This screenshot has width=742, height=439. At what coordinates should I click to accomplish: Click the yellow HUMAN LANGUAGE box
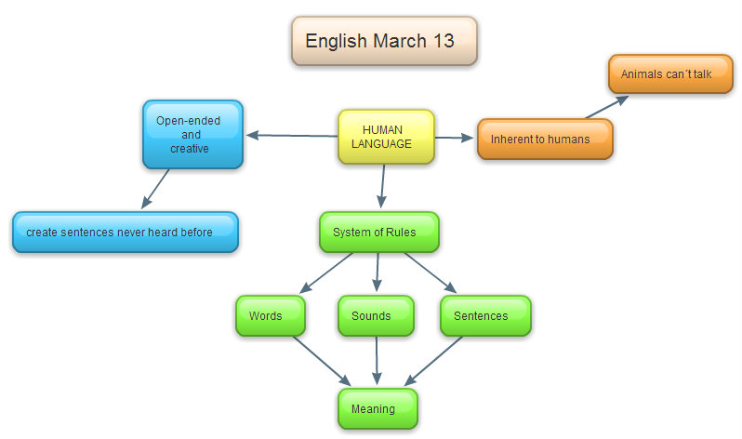point(385,137)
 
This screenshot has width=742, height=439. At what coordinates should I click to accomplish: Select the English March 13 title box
point(384,41)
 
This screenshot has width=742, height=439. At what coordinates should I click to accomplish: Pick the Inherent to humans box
point(545,139)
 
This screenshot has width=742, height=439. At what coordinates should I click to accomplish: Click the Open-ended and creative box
point(192,134)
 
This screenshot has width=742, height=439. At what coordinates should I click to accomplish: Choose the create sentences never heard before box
point(126,232)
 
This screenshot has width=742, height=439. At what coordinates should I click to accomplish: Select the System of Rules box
point(378,232)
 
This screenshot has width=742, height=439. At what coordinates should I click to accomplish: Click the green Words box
point(271,315)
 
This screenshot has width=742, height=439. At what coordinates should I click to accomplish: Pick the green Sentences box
point(484,315)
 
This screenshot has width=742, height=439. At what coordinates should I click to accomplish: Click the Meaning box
point(377,408)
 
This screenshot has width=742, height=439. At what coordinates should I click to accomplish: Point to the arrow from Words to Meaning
point(322,360)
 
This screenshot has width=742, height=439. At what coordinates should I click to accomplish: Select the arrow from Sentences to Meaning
point(434,360)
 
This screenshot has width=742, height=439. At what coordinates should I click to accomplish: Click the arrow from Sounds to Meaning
point(377,360)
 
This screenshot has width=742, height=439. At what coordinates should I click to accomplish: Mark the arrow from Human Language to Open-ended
point(291,136)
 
